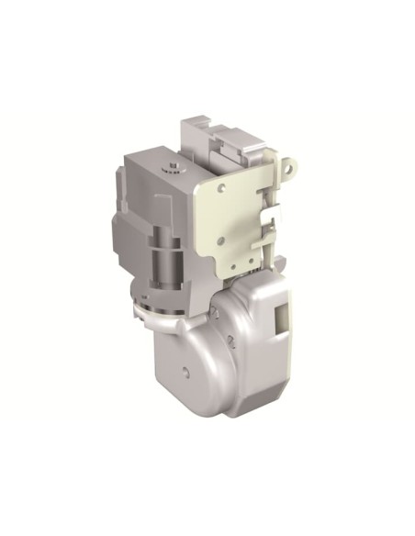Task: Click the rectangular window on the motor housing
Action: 281,320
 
